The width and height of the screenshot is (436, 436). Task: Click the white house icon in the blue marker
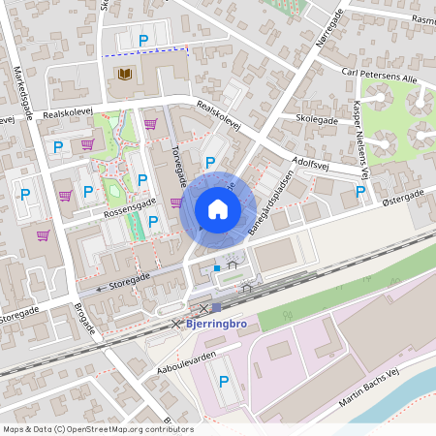tap(218, 208)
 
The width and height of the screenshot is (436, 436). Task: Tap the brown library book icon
tap(124, 74)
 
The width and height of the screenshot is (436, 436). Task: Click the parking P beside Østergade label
tap(360, 192)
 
